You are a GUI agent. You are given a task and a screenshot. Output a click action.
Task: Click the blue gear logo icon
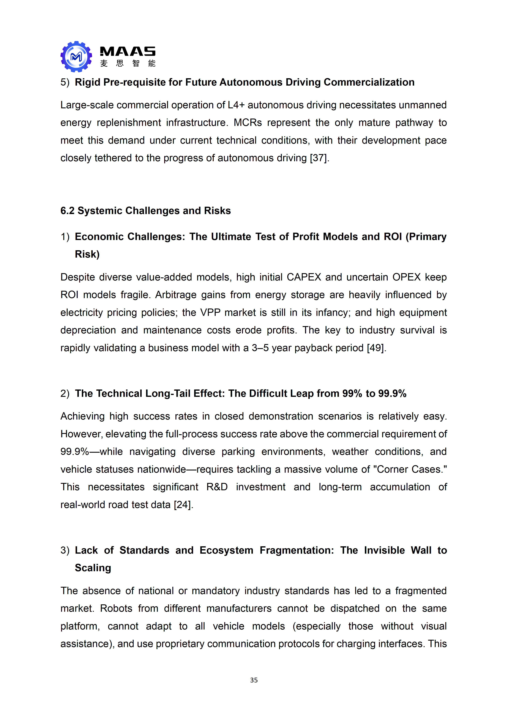point(76,57)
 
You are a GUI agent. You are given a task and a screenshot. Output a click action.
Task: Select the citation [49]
point(376,348)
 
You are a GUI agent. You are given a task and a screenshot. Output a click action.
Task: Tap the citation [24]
point(183,505)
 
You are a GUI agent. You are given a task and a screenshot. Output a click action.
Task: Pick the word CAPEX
point(304,277)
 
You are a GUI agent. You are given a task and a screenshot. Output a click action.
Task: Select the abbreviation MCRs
point(248,122)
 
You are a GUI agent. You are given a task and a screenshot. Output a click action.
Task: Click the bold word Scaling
point(93,568)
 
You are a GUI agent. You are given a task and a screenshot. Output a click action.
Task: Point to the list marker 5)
point(65,82)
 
